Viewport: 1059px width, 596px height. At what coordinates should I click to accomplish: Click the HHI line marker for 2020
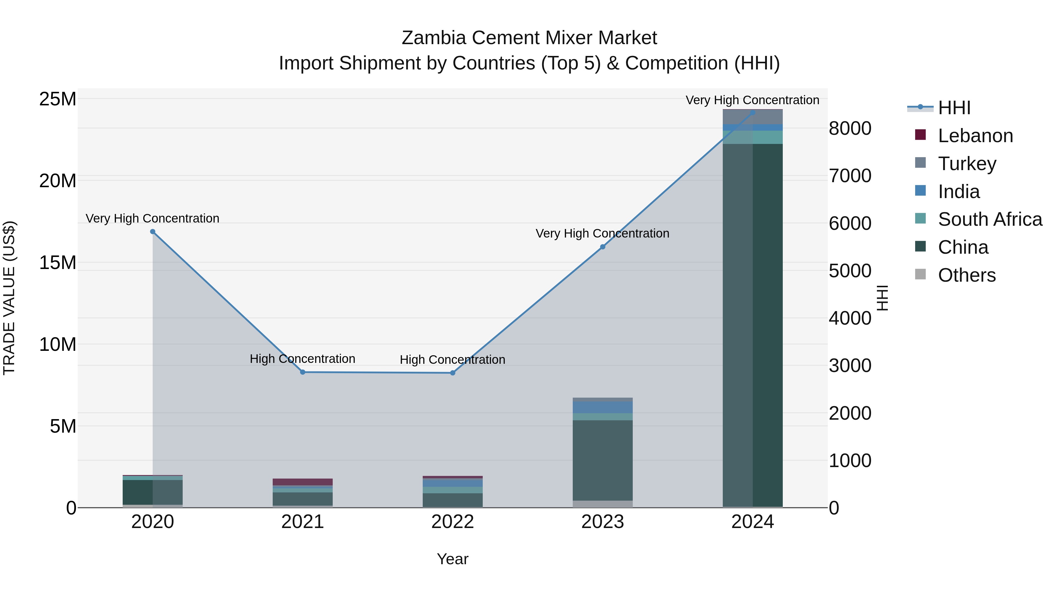152,232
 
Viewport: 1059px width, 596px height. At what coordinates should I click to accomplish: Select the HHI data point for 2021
303,372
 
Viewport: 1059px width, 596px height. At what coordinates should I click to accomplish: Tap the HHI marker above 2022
453,373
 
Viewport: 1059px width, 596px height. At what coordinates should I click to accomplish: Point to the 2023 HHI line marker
603,247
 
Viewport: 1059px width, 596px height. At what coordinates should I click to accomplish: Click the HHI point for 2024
753,112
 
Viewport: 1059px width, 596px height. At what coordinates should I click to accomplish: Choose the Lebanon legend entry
975,136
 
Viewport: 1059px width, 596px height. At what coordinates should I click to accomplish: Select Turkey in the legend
967,164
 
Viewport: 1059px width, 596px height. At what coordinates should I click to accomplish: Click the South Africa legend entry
990,219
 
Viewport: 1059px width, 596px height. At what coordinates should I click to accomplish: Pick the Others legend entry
967,275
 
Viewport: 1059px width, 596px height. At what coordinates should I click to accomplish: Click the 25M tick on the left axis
58,99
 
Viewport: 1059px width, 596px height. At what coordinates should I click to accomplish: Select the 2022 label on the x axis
453,522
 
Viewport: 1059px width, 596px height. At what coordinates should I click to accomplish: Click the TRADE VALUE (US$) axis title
9,298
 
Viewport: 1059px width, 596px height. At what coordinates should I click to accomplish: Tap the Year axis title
453,559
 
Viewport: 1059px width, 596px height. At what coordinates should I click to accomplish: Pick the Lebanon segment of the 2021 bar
303,482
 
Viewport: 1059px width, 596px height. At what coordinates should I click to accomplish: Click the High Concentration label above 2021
303,359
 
